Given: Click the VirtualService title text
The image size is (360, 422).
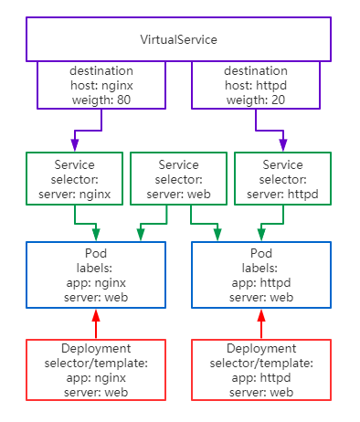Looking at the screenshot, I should pos(179,40).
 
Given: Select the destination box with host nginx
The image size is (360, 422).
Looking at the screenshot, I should pos(101,85).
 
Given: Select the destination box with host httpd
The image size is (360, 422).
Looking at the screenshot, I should pos(257,85).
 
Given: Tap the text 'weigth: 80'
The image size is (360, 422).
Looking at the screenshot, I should pos(101,99).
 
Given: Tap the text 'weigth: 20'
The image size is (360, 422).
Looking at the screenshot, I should pos(257,99).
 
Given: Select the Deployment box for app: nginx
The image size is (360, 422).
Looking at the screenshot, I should pos(96,369).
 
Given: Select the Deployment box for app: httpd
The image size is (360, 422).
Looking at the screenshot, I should pos(261,369).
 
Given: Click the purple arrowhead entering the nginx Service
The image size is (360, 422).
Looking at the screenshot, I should pos(75,145).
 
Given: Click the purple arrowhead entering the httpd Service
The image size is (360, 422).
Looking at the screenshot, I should pos(282,145).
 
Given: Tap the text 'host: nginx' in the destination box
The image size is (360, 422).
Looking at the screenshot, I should pos(101,85).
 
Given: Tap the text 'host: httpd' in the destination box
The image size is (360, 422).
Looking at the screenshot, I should pos(257,85).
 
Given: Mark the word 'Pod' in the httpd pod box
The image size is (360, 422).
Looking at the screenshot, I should pos(261,251).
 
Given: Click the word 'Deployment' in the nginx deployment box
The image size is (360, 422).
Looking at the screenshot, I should pos(96,349).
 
